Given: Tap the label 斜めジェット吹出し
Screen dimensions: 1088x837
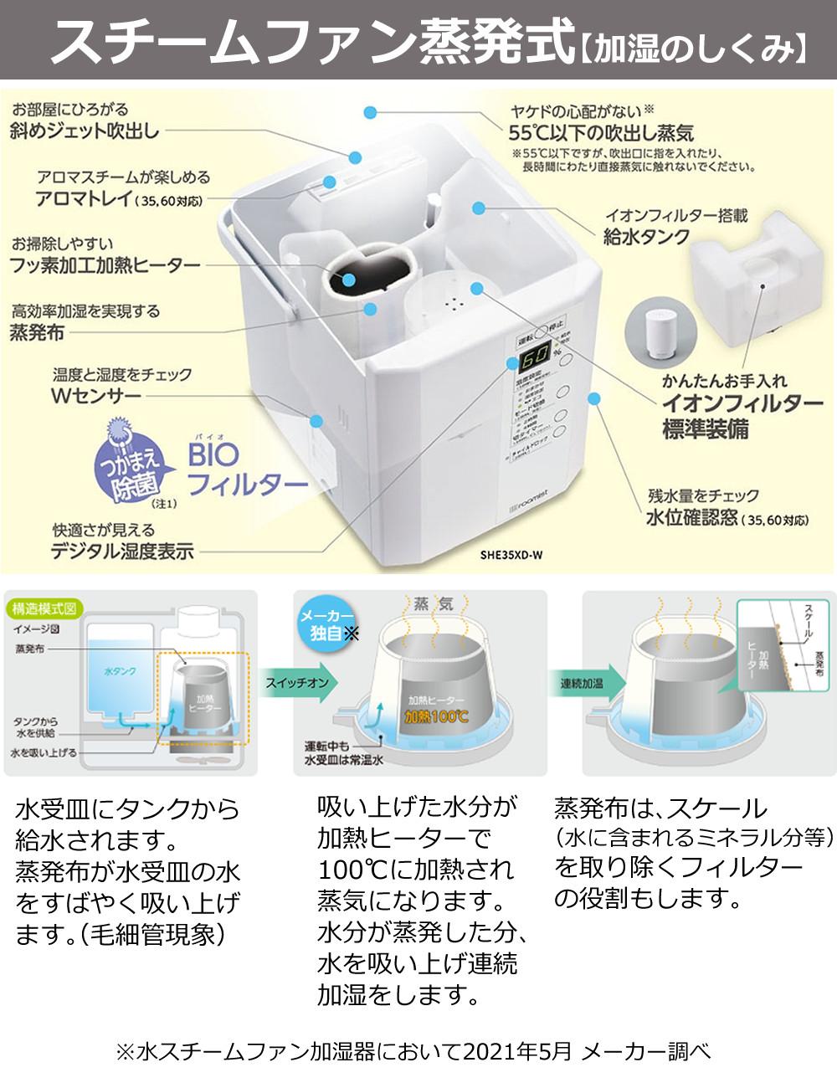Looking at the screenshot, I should pos(85,130).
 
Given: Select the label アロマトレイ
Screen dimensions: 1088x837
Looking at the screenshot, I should pos(84,198).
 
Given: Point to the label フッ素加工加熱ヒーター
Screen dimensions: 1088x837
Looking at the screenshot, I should pos(105,265).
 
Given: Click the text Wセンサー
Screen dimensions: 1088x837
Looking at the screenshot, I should pos(96,396).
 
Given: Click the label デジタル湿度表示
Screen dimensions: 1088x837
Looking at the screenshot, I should pos(122,551).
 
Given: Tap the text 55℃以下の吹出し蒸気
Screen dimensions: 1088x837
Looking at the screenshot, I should pos(601,132).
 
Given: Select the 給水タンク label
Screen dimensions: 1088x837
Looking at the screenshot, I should pos(647,237).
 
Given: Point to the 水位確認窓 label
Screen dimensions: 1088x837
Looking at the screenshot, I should pos(691,518).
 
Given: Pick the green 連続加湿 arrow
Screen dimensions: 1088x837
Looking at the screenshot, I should pos(583,683).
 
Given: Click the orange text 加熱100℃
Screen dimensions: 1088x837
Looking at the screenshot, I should pos(437,716).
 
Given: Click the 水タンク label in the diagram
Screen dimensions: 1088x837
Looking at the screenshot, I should pos(120,671).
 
